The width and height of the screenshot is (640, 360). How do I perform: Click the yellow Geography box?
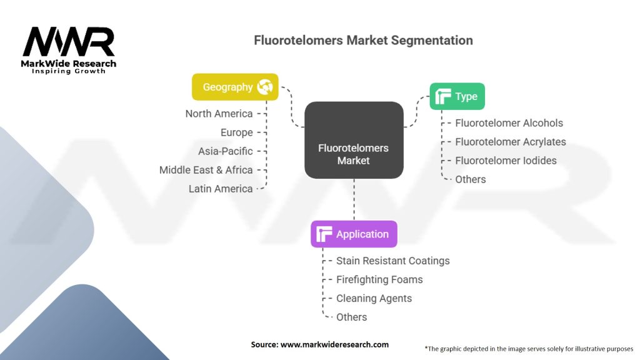[x=235, y=87]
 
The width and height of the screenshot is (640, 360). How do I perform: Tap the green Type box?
[x=457, y=96]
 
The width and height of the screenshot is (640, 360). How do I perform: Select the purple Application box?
[x=354, y=234]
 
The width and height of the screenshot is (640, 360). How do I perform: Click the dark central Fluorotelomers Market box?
[x=354, y=140]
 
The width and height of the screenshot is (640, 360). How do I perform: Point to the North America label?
[x=219, y=114]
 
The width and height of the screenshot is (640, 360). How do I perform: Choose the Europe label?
[x=237, y=132]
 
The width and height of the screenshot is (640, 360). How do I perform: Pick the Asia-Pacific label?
[x=225, y=151]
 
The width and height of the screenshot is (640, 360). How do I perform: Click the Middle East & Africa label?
[x=206, y=170]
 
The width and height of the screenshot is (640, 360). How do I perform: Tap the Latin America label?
[x=221, y=189]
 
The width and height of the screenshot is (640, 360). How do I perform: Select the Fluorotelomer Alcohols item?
[x=509, y=123]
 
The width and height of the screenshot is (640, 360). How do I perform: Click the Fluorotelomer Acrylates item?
[x=511, y=142]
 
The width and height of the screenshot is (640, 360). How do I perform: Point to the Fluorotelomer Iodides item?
[x=506, y=161]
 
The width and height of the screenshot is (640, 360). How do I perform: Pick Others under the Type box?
[x=471, y=179]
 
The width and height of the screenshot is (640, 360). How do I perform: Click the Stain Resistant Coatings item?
[x=393, y=261]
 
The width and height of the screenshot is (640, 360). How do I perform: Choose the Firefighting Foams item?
[x=379, y=279]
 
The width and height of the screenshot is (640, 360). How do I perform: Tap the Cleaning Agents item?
[x=374, y=298]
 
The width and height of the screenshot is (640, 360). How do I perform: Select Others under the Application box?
[x=351, y=317]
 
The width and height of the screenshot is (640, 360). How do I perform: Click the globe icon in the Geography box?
[x=265, y=87]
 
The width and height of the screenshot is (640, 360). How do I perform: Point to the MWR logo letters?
[x=69, y=42]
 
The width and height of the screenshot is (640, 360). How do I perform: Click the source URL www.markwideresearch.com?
[x=334, y=344]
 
